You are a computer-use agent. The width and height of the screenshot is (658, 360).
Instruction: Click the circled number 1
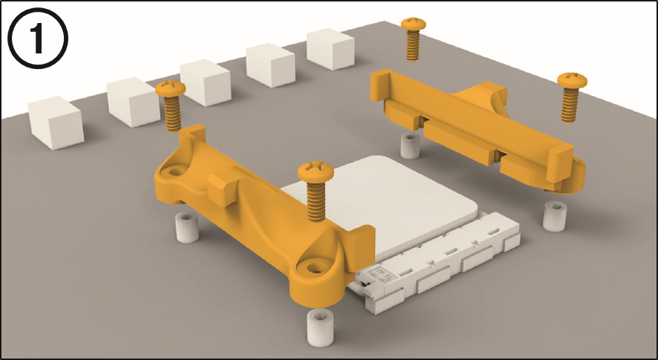tap(38, 38)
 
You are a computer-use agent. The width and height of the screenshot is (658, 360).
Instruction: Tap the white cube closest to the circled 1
tap(56, 122)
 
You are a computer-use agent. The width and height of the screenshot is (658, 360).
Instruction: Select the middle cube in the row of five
tap(205, 82)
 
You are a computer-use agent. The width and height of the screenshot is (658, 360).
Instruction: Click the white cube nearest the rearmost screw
tap(330, 49)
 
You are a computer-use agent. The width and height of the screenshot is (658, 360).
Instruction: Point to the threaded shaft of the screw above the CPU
tap(316, 201)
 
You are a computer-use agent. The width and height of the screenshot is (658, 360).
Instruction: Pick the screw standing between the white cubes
tap(171, 106)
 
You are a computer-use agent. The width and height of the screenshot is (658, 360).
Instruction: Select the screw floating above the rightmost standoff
tap(571, 97)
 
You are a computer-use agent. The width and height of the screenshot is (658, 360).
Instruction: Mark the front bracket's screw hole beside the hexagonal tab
tap(177, 171)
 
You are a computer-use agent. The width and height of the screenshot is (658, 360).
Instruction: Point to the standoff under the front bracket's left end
tap(187, 227)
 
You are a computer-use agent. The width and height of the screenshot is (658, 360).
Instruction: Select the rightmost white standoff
tap(555, 216)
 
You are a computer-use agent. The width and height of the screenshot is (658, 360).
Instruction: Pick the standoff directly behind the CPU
tap(410, 146)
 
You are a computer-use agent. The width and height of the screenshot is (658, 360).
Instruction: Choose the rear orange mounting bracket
tap(478, 131)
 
